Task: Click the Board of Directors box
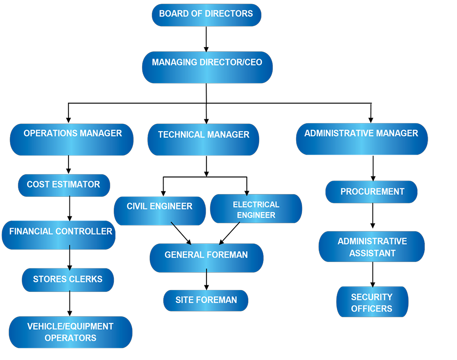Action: [x=206, y=15]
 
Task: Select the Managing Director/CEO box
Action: [x=207, y=67]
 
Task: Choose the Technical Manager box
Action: [x=203, y=139]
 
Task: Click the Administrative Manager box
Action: [x=361, y=139]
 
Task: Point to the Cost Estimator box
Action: [x=64, y=185]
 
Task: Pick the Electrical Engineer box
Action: [x=256, y=209]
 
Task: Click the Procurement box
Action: [x=372, y=192]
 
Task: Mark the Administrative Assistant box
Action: [x=372, y=247]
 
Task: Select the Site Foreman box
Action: [x=206, y=301]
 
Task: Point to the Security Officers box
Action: [x=372, y=302]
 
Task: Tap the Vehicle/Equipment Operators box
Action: [x=70, y=332]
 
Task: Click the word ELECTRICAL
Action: [x=256, y=204]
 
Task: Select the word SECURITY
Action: [x=372, y=297]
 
